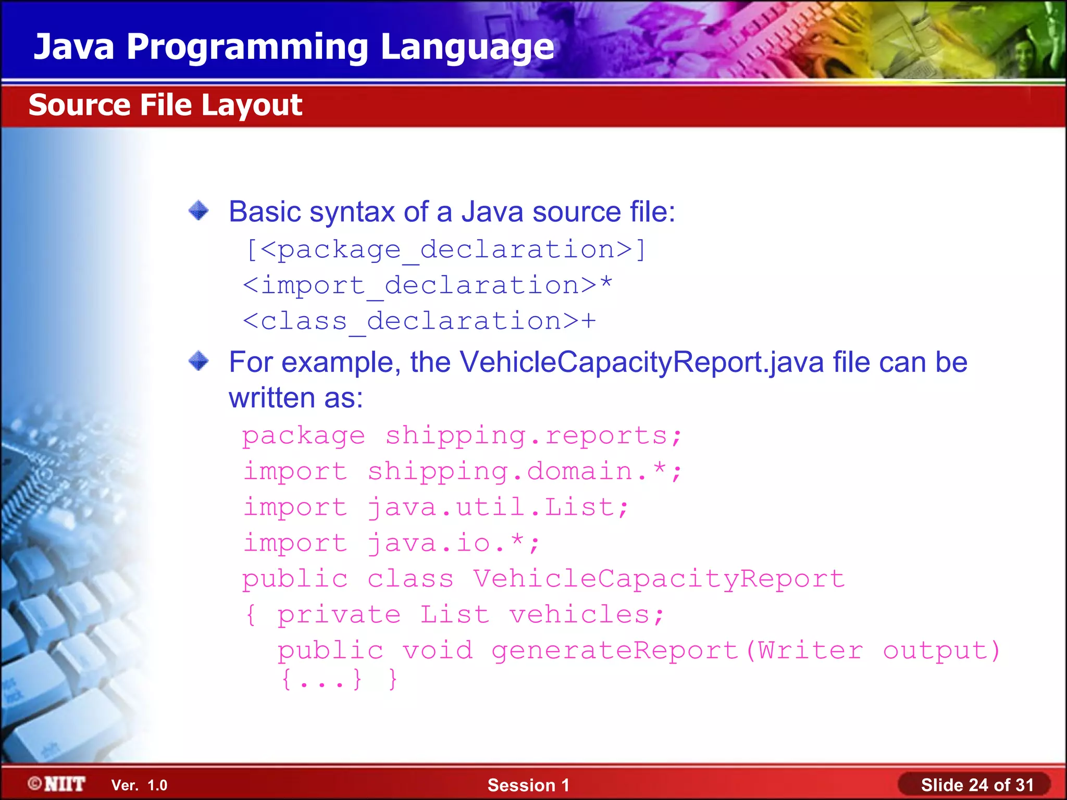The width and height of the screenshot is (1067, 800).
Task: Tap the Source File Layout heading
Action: pos(165,105)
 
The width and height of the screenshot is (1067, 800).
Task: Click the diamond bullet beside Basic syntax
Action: pos(198,211)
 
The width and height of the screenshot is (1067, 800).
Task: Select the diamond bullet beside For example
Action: pos(198,361)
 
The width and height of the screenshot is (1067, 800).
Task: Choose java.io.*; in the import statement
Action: pos(454,543)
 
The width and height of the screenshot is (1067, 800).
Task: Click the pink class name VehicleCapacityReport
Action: pos(659,579)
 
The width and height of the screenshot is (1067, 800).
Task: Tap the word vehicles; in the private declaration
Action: pos(587,615)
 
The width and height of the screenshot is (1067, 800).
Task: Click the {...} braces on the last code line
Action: pos(321,680)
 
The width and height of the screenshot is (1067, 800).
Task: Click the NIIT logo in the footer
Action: pos(57,784)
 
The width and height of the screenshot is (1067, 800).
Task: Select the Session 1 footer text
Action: pos(528,785)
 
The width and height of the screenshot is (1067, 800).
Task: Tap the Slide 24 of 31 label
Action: pos(977,785)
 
